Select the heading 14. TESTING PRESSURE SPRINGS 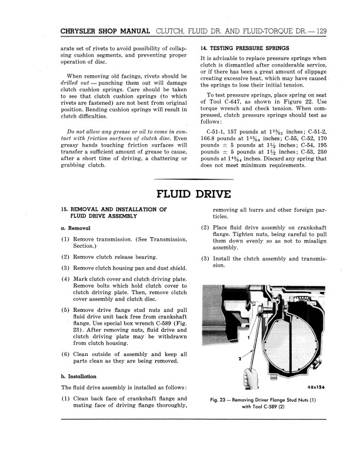click(x=245, y=47)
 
